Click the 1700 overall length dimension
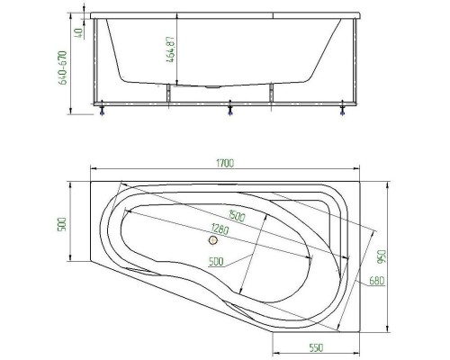click(x=224, y=163)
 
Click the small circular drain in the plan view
click(x=213, y=239)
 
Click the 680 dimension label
click(x=376, y=281)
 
